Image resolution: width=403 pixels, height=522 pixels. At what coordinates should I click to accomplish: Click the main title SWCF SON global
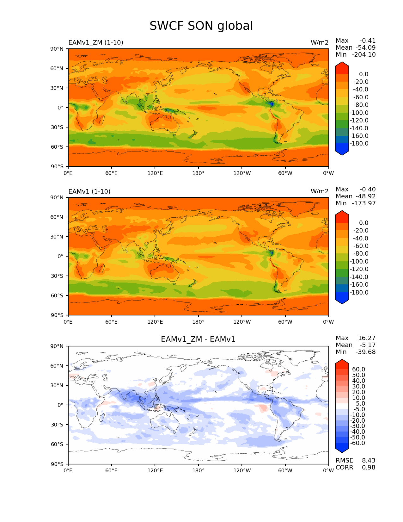pos(201,26)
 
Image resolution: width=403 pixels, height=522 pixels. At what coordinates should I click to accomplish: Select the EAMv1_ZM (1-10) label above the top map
pos(95,43)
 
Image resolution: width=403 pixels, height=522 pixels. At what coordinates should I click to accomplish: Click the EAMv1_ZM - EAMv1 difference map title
pos(198,339)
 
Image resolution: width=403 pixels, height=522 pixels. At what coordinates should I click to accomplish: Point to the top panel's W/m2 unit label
pos(319,43)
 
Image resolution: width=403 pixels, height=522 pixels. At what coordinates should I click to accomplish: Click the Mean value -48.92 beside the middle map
pos(365,196)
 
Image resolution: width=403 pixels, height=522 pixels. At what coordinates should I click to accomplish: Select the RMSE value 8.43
pos(369,461)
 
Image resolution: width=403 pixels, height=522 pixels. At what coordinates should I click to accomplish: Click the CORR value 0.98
pos(369,468)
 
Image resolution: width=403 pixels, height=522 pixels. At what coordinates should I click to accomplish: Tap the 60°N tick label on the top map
pos(57,68)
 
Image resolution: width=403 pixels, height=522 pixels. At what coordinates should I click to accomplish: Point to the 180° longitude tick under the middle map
pos(198,322)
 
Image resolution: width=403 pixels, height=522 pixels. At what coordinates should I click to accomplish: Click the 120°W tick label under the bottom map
pos(242,471)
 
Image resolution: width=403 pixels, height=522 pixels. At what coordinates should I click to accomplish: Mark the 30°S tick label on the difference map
pos(57,425)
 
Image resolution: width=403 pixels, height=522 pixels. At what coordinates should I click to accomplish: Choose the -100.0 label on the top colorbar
pos(359,113)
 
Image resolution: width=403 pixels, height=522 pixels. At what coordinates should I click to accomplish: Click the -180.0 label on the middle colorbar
pos(359,293)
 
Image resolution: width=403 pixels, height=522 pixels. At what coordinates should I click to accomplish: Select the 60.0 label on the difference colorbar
pos(358,370)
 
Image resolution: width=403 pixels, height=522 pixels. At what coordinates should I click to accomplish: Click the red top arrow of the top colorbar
pos(342,67)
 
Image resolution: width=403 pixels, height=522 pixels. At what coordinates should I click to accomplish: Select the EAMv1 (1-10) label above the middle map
pos(89,192)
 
